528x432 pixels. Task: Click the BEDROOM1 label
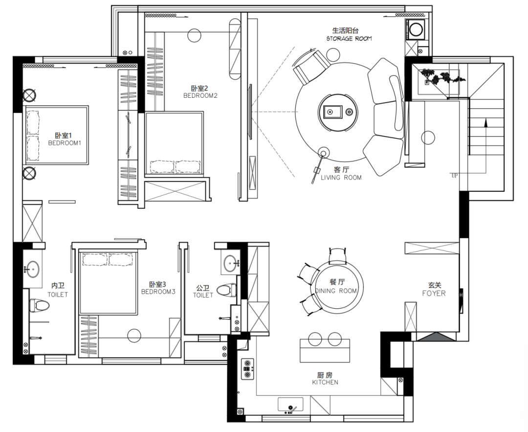(x=65, y=143)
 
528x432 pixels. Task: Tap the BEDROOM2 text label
(x=200, y=96)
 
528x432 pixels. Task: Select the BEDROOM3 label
(x=158, y=292)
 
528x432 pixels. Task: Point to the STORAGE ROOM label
(x=349, y=39)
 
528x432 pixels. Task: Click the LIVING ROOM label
(x=341, y=178)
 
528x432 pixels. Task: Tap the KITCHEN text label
(x=325, y=382)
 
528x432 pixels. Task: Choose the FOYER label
(x=434, y=294)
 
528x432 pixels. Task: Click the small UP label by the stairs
(x=455, y=176)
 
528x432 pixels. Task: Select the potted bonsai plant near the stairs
(x=441, y=76)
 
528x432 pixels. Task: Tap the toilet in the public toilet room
(x=225, y=290)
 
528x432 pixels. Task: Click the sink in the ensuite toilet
(x=32, y=269)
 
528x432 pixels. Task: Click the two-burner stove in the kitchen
(x=247, y=369)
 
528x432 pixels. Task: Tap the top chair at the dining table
(x=337, y=255)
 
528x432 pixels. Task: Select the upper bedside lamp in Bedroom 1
(x=29, y=95)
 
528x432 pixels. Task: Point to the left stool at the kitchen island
(x=315, y=339)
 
